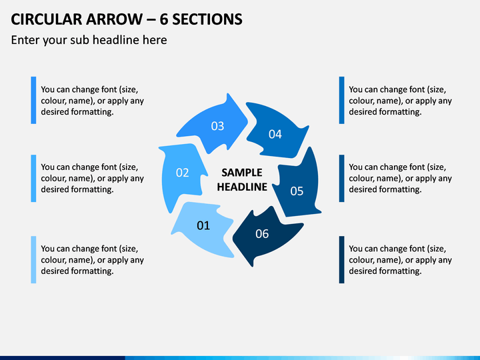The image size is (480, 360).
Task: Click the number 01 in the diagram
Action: point(203,225)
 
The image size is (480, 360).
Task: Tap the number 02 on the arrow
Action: point(183,173)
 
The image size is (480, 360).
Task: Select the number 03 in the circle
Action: point(217,126)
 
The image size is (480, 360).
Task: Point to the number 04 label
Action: point(275,134)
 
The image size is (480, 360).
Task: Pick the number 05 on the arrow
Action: point(297,191)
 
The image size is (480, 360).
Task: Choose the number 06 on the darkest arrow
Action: point(262,234)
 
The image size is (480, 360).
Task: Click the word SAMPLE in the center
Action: point(242,173)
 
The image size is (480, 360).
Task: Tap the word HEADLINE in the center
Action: point(242,187)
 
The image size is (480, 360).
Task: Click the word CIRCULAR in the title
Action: point(46,19)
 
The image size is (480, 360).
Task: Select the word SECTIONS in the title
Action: point(207,19)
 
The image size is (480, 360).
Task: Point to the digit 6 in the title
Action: point(164,19)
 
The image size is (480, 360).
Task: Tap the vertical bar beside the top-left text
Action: point(34,100)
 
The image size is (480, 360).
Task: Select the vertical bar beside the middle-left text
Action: point(34,178)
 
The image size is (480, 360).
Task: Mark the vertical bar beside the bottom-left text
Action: point(34,259)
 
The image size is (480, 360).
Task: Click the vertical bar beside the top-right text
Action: point(341,100)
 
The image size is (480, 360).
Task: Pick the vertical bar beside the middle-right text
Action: point(341,178)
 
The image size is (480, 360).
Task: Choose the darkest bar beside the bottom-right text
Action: point(341,259)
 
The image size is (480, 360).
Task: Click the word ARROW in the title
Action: point(114,19)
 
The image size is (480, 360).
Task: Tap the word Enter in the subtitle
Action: point(25,40)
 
